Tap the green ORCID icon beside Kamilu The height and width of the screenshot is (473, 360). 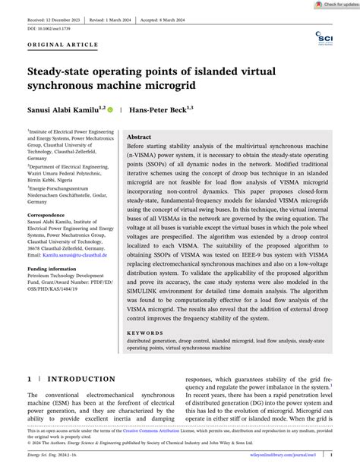[x=111, y=110]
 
